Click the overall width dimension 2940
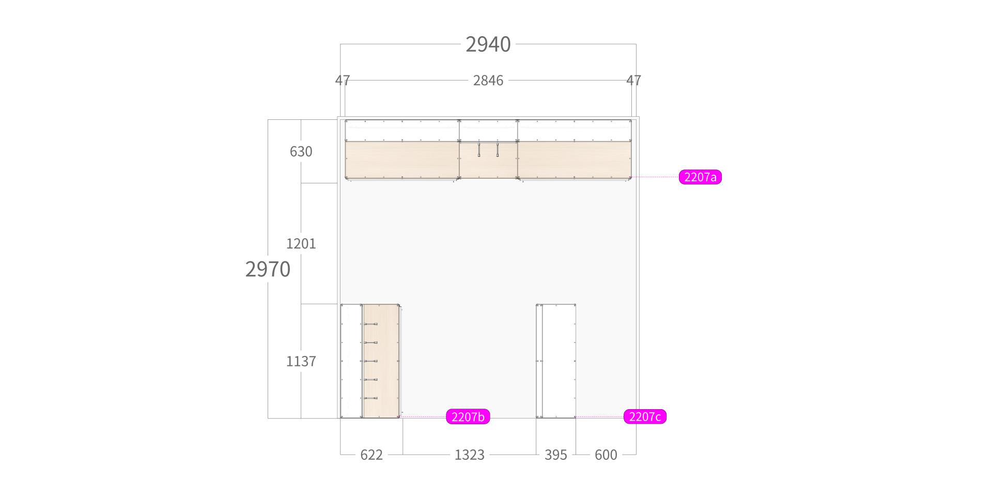click(x=488, y=44)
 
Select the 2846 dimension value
click(x=488, y=80)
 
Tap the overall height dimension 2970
click(x=268, y=269)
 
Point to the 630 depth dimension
click(x=301, y=151)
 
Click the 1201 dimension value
click(x=301, y=243)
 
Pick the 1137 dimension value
click(x=301, y=361)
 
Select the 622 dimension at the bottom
click(x=371, y=455)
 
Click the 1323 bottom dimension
click(x=470, y=455)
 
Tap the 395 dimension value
click(x=556, y=455)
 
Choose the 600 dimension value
click(x=606, y=455)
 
